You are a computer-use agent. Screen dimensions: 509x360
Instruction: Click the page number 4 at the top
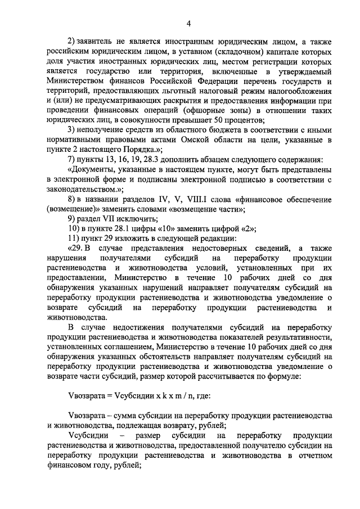189,23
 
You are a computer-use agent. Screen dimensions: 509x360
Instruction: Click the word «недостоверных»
223,247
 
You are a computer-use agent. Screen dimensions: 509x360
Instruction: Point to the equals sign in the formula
109,395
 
